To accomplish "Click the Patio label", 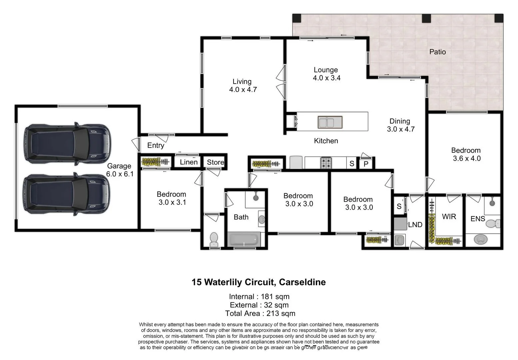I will [437, 52].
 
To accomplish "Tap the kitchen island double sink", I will [330, 122].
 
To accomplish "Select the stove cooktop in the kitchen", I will [326, 163].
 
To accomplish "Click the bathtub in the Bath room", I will [244, 239].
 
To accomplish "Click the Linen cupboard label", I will [189, 162].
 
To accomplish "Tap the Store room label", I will [215, 162].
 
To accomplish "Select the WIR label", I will [449, 217].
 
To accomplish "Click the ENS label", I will [477, 219].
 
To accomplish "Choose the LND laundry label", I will [415, 225].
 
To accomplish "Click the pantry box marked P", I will [366, 164].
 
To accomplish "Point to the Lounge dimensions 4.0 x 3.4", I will [326, 78].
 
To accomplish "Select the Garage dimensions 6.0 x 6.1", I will [120, 174].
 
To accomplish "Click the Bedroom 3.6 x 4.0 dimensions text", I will [466, 159].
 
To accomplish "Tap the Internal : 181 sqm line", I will [259, 296].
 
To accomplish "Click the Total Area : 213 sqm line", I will [260, 313].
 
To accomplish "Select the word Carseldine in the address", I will [302, 282].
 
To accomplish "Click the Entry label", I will [156, 145].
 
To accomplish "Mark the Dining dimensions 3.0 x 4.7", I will [400, 129].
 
